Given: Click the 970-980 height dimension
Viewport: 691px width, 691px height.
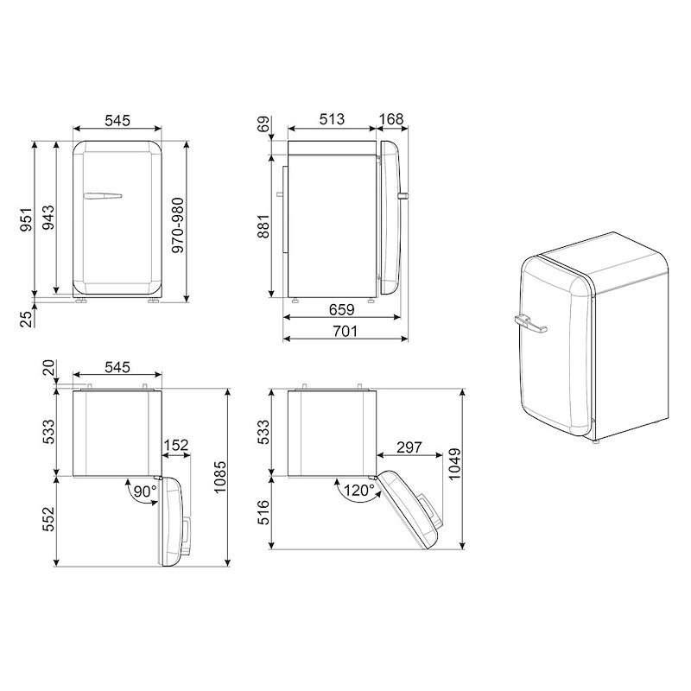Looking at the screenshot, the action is click(x=178, y=225).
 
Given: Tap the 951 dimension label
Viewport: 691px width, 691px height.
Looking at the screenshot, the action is click(x=26, y=219).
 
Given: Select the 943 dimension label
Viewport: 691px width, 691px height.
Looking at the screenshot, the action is click(x=48, y=218).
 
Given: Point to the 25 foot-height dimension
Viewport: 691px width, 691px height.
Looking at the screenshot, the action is click(x=28, y=319).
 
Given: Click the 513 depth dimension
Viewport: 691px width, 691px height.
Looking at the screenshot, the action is click(x=332, y=119).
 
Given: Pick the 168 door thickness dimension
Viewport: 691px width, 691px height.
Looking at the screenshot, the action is click(x=391, y=119).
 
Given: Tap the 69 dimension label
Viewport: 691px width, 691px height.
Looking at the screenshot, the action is click(x=263, y=124).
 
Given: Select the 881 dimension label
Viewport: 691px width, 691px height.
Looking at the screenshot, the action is click(x=263, y=226).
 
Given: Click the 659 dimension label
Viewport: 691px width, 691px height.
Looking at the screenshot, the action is click(x=341, y=310).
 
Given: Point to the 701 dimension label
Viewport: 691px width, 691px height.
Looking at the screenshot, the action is click(x=345, y=331).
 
